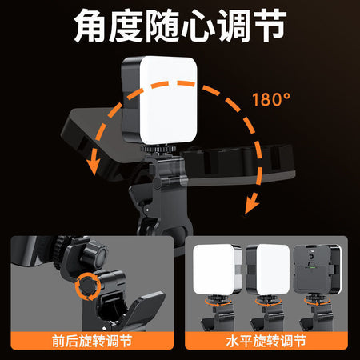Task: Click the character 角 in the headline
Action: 90,26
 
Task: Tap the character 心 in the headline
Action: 198,26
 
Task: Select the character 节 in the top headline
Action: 270,26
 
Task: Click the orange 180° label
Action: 271,99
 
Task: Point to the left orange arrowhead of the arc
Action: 94,165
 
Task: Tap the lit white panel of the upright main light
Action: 169,100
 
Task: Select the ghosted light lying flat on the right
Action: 238,165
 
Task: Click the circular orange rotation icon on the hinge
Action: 88,286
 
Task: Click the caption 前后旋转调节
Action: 92,341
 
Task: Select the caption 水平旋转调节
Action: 266,341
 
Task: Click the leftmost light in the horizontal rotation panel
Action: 217,270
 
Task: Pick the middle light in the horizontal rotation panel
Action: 268,270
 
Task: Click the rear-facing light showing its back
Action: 318,270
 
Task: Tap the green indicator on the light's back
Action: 311,266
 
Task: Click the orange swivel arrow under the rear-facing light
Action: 318,302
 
